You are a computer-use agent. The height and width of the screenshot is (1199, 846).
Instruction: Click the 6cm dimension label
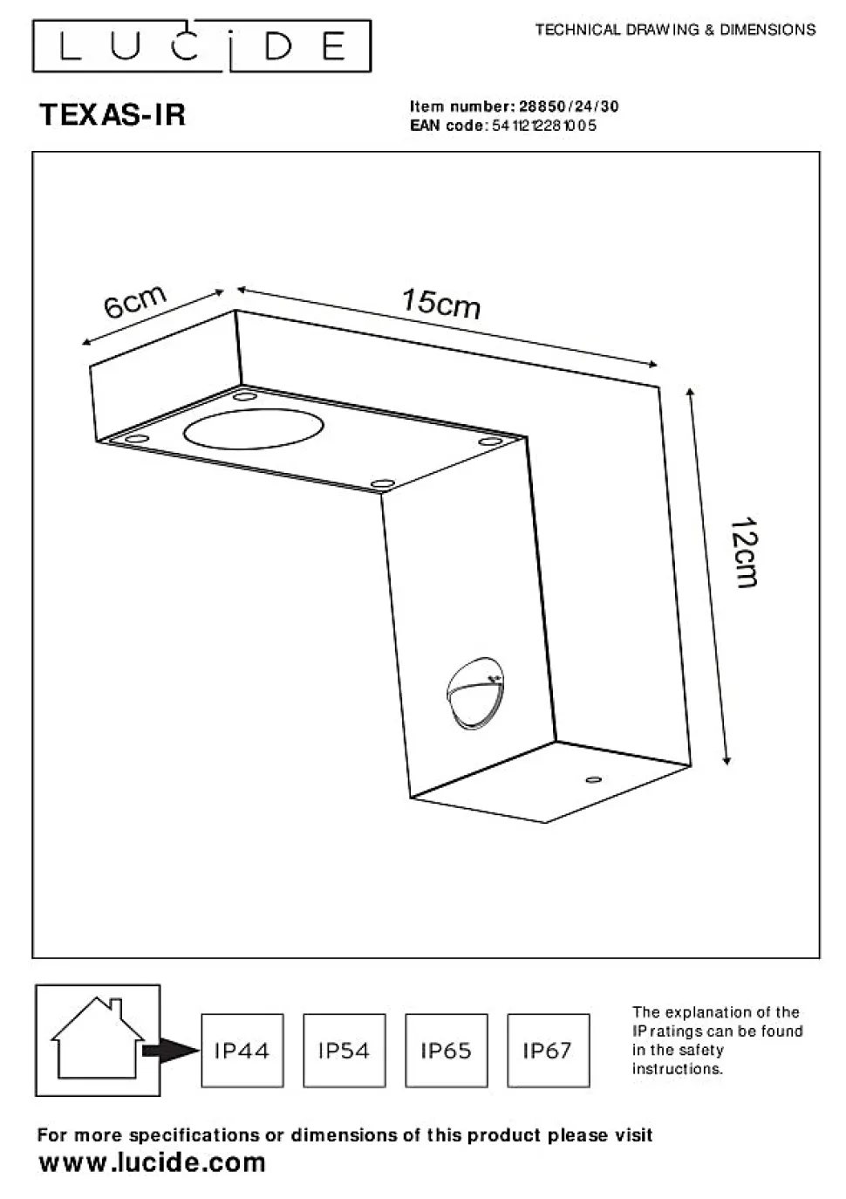(x=135, y=302)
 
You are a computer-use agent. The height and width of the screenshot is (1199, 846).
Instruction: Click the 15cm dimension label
(x=441, y=304)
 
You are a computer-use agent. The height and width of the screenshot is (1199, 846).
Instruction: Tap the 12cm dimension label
(x=744, y=553)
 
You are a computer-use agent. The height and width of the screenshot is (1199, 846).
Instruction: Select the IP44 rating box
(x=242, y=1051)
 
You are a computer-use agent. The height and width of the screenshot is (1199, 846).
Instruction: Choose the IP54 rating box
(x=345, y=1051)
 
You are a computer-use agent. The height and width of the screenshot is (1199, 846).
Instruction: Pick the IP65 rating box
(x=447, y=1051)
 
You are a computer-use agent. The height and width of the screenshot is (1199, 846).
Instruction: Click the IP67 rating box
(x=549, y=1051)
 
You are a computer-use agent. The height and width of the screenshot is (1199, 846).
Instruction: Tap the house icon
(x=98, y=1039)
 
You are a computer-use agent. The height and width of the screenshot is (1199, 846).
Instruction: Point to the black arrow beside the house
(x=170, y=1051)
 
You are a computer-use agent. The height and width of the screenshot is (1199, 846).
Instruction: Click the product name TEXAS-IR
(x=113, y=114)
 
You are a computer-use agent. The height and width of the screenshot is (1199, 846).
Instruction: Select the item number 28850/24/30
(x=569, y=106)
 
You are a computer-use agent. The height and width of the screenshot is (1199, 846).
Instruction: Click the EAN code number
(x=543, y=126)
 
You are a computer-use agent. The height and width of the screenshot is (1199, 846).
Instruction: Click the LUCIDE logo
(x=201, y=46)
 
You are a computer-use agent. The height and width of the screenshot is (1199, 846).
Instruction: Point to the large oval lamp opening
(x=253, y=428)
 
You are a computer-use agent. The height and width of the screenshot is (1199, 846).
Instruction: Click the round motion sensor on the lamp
(x=475, y=693)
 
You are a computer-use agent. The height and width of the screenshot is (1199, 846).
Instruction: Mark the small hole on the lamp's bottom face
(x=593, y=780)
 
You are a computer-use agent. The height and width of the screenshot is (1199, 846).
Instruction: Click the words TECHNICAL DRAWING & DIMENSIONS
(x=675, y=30)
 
